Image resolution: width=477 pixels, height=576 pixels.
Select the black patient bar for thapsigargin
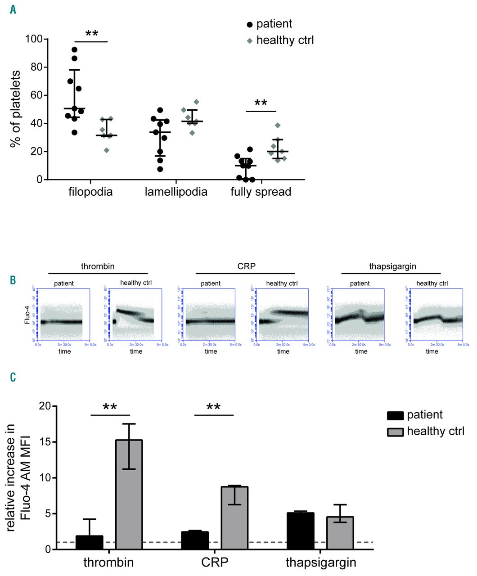pos(300,531)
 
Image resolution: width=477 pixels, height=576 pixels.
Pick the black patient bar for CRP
pos(195,540)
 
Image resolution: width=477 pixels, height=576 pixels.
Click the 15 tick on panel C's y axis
pos(43,441)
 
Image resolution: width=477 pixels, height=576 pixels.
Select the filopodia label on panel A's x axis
pos(90,192)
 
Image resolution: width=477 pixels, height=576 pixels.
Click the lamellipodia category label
pos(176,192)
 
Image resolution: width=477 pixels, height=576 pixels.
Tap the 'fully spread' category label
pos(261,192)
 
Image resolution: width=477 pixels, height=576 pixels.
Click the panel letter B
pos(13,280)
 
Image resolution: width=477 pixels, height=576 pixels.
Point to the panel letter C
pos(13,377)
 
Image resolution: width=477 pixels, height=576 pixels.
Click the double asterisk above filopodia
pos(92,35)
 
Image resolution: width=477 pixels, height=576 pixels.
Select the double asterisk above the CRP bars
pos(213,408)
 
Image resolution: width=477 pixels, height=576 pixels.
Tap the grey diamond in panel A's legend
pos(250,40)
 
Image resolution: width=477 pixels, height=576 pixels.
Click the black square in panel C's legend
pos(395,415)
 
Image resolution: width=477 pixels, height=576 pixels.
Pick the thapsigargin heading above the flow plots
pos(392,266)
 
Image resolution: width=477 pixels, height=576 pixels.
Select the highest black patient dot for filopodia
pos(75,49)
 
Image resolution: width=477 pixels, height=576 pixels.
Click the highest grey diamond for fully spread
pos(278,125)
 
